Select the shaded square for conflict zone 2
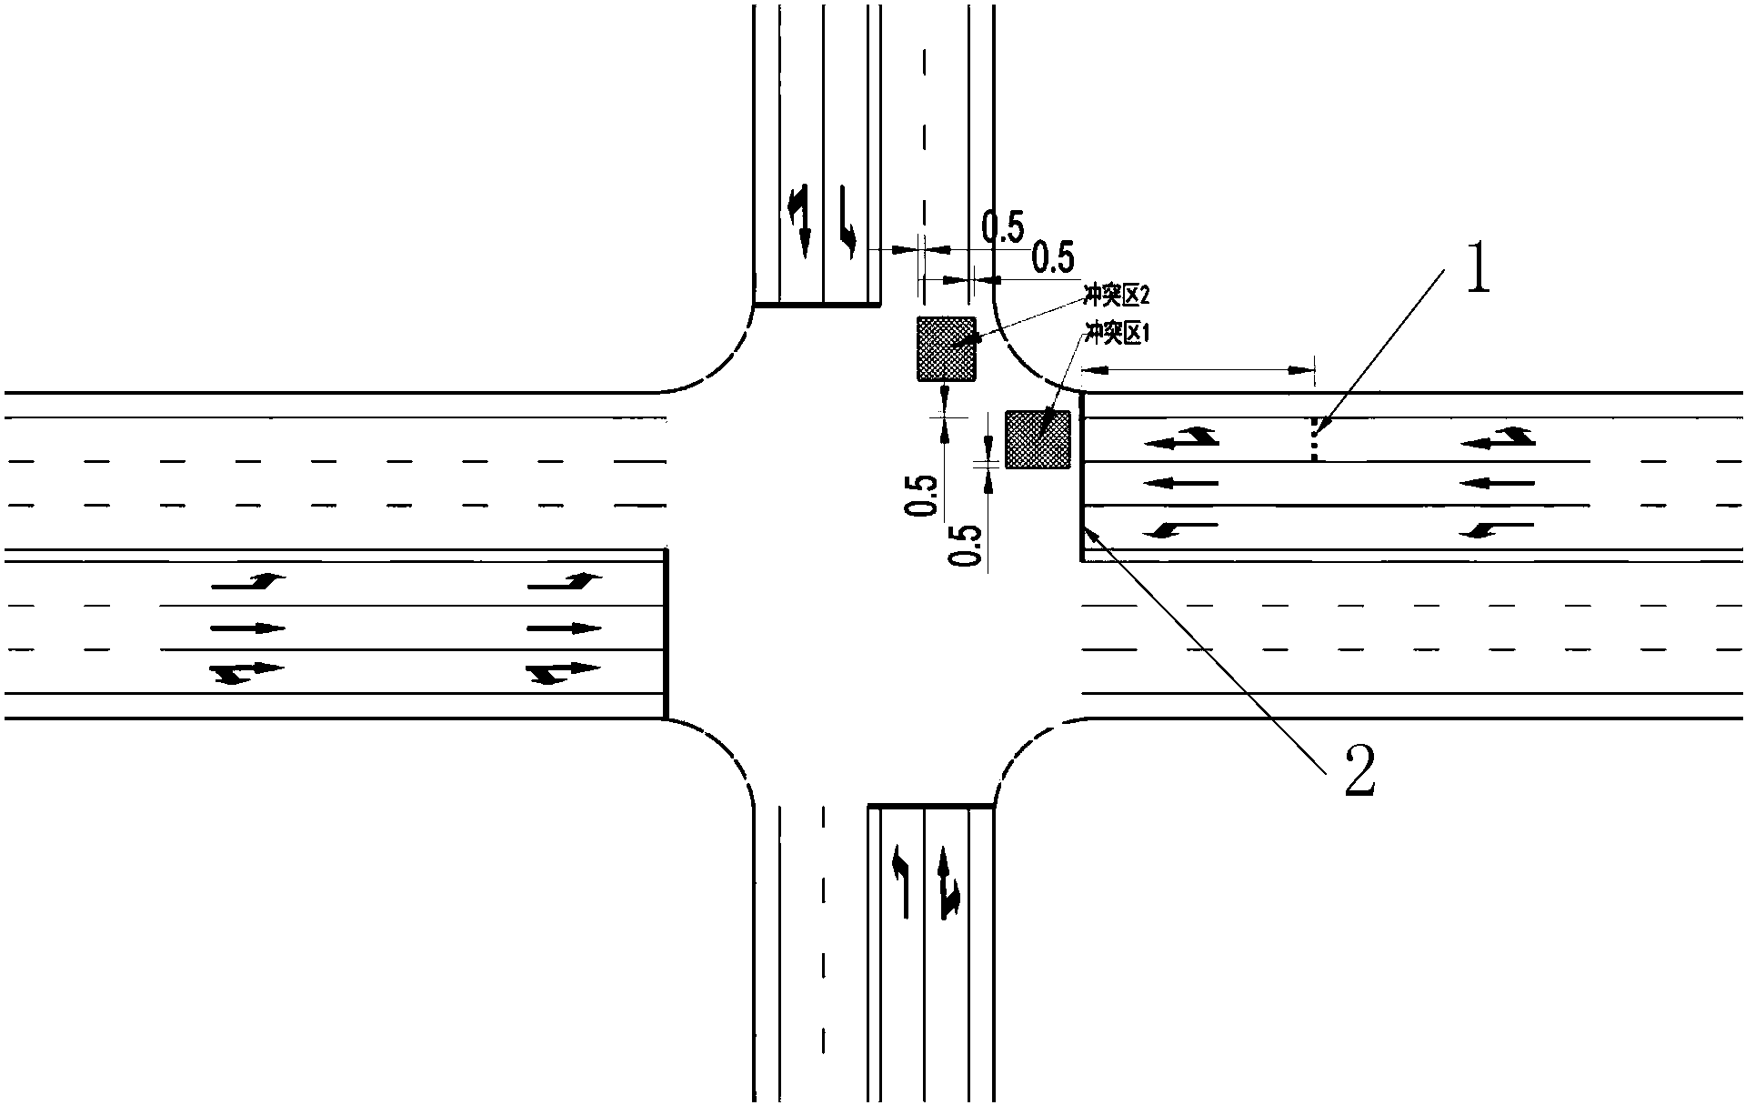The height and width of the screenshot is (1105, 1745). [946, 348]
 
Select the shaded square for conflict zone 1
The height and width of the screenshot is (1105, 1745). [1037, 439]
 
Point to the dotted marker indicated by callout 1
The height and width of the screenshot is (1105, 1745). [1313, 439]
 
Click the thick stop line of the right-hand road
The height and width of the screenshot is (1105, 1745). [1082, 477]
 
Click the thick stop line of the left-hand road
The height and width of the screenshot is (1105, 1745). [667, 634]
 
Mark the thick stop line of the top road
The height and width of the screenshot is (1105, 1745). [817, 305]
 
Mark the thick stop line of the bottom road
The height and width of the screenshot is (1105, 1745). [931, 806]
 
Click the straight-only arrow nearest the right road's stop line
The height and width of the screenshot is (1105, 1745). [1180, 483]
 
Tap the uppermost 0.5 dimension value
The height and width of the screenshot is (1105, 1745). [1004, 227]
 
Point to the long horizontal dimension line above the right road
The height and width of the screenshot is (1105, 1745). [1198, 370]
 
